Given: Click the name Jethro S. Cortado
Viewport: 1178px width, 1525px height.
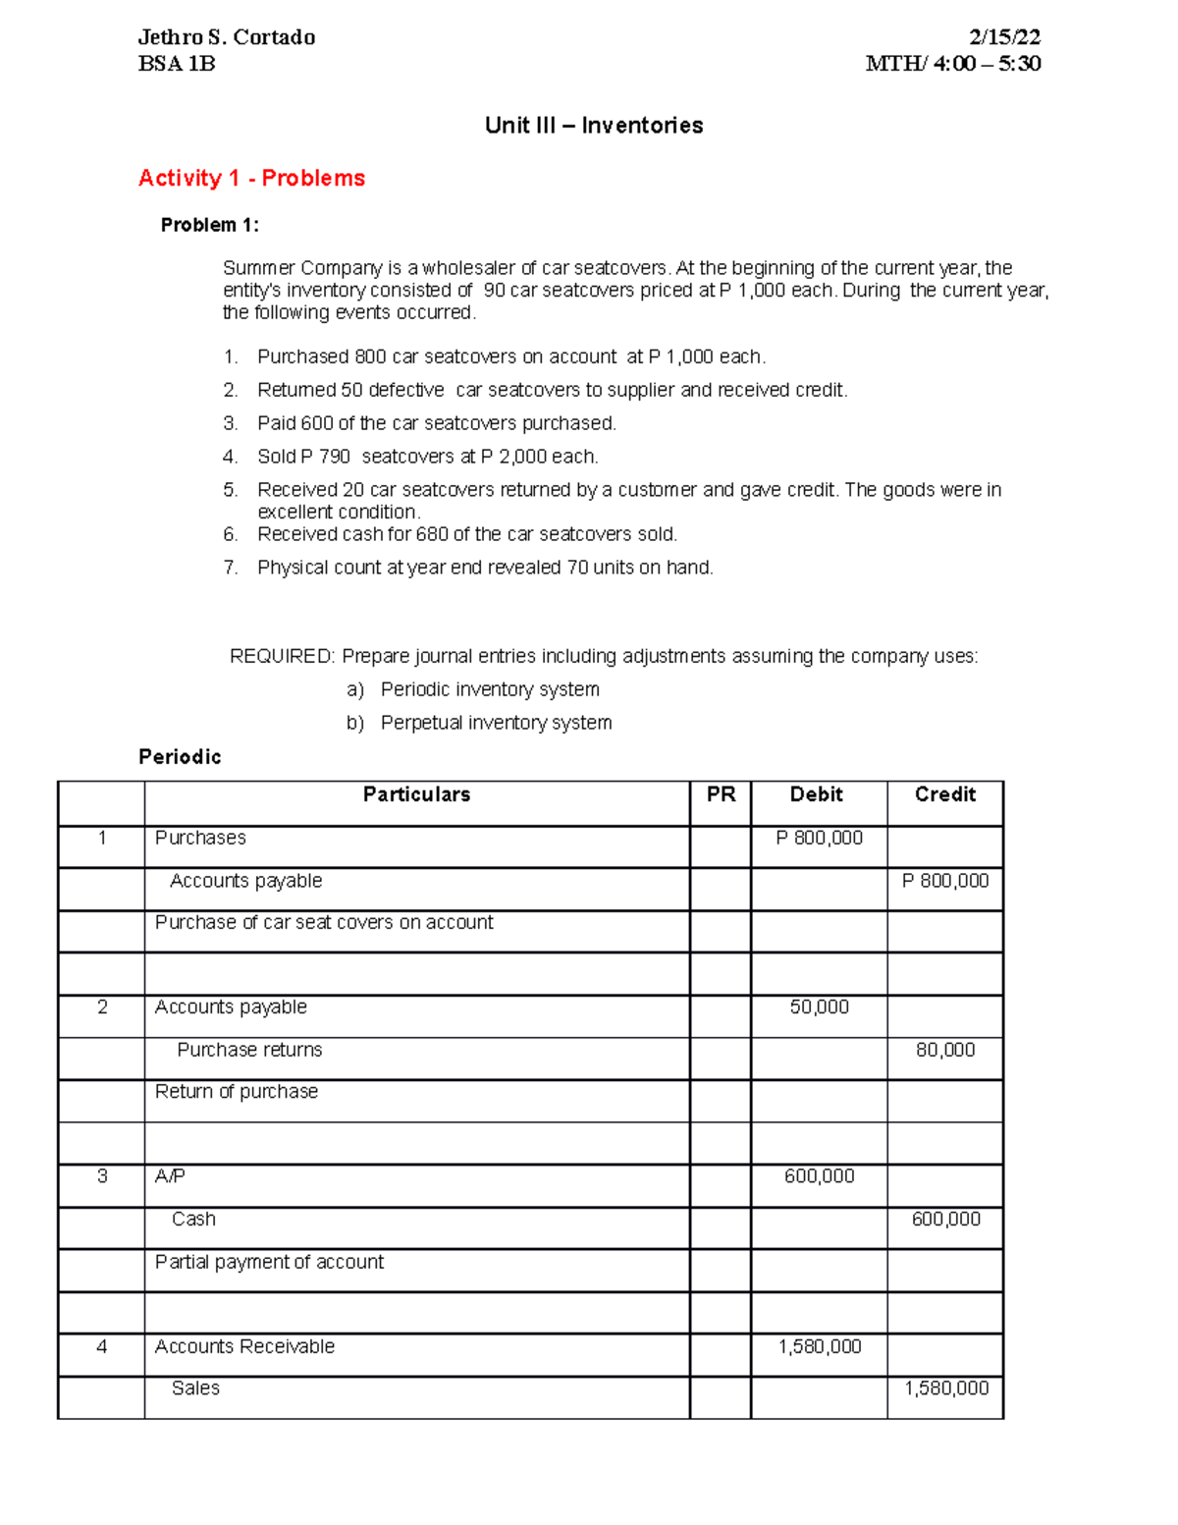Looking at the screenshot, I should (227, 37).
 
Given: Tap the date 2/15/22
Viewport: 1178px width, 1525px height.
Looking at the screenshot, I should (1003, 37).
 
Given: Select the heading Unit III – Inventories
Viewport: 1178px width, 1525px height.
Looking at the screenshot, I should (594, 126).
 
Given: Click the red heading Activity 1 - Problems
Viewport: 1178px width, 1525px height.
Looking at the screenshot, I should (251, 178).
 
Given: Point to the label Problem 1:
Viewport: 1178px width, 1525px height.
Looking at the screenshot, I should (210, 225).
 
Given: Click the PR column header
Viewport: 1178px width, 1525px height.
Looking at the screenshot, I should (721, 794).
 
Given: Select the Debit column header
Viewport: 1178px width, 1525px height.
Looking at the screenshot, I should (817, 794).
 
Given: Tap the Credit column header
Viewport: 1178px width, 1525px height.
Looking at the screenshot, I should (944, 794).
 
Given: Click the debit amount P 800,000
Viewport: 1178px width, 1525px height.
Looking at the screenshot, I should (819, 838).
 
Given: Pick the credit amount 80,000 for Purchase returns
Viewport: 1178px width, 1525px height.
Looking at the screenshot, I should (944, 1050).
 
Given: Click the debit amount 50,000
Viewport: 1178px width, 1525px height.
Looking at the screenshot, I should (819, 1007).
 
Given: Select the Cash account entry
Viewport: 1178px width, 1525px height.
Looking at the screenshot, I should (193, 1219).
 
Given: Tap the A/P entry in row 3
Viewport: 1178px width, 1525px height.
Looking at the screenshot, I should (170, 1175).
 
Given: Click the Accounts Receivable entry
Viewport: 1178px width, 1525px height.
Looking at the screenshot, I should (244, 1346).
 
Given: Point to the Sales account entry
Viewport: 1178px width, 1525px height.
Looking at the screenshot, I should (195, 1388).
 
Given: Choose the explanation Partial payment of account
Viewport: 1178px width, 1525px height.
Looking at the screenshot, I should (269, 1262).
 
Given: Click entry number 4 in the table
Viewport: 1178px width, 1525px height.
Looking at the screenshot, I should (101, 1346).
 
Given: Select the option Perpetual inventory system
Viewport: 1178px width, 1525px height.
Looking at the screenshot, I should (496, 723).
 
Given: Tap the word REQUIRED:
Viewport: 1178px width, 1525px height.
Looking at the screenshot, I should (282, 656).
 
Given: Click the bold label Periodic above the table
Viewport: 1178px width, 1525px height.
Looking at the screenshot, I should (180, 757).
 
